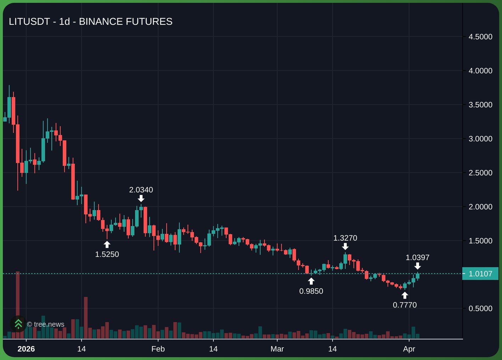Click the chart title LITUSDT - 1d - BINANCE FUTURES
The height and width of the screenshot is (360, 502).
tap(90, 22)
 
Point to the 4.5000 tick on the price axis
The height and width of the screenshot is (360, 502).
tap(480, 37)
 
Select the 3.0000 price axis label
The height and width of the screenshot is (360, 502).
tap(480, 139)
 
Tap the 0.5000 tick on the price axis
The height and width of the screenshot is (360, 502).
tap(480, 309)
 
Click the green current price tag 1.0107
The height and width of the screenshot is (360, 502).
tap(480, 274)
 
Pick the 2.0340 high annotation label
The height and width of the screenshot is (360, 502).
tap(141, 190)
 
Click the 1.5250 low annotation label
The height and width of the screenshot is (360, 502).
tap(107, 254)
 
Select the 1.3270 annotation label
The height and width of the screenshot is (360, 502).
tap(345, 238)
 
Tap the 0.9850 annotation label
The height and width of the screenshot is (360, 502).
tap(311, 291)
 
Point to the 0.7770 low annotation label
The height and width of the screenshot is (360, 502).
tap(405, 305)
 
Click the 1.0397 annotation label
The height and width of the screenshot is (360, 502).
tap(418, 258)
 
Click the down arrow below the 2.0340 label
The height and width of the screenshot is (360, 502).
tap(141, 198)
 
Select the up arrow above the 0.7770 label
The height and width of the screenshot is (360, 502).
tap(405, 296)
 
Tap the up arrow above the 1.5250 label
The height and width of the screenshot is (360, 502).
tap(107, 244)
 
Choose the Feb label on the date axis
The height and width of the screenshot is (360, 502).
tap(158, 349)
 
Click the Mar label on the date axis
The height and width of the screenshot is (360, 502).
tap(277, 349)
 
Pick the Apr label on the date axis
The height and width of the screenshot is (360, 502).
tap(409, 349)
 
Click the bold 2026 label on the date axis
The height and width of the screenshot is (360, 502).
tap(26, 349)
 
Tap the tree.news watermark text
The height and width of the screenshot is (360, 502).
tap(46, 325)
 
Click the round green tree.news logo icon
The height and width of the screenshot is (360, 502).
tap(18, 324)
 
